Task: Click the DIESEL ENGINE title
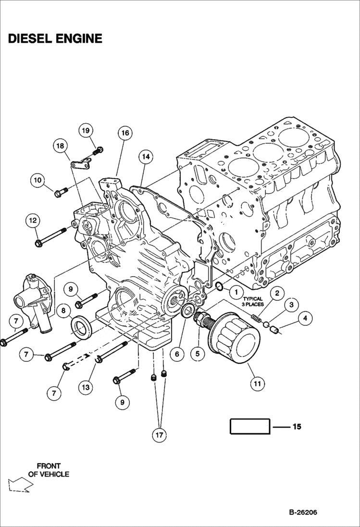55,39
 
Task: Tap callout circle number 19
86,131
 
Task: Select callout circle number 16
124,133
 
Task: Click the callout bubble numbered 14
146,156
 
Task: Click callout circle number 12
33,221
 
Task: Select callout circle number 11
257,383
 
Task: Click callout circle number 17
159,435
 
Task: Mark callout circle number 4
304,318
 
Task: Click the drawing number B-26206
303,512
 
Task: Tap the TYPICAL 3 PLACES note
252,301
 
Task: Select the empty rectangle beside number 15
249,427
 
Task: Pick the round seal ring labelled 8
80,327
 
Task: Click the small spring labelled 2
257,318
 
